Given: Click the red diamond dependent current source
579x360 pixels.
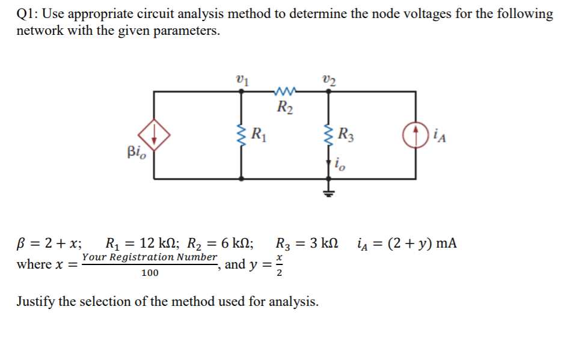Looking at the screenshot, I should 155,136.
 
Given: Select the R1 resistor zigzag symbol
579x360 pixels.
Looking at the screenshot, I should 242,137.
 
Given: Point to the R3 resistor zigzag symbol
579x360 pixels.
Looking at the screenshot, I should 328,136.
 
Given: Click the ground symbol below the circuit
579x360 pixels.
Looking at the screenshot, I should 328,192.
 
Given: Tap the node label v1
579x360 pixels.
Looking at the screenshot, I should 242,78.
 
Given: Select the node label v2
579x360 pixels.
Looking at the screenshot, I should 328,78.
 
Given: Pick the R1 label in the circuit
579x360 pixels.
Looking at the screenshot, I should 259,133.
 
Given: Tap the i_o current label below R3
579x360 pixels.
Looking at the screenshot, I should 340,162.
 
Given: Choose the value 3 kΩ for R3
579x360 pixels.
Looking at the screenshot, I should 322,244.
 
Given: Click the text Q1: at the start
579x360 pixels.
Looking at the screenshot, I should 28,14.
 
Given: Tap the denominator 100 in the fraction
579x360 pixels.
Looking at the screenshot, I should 150,273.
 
